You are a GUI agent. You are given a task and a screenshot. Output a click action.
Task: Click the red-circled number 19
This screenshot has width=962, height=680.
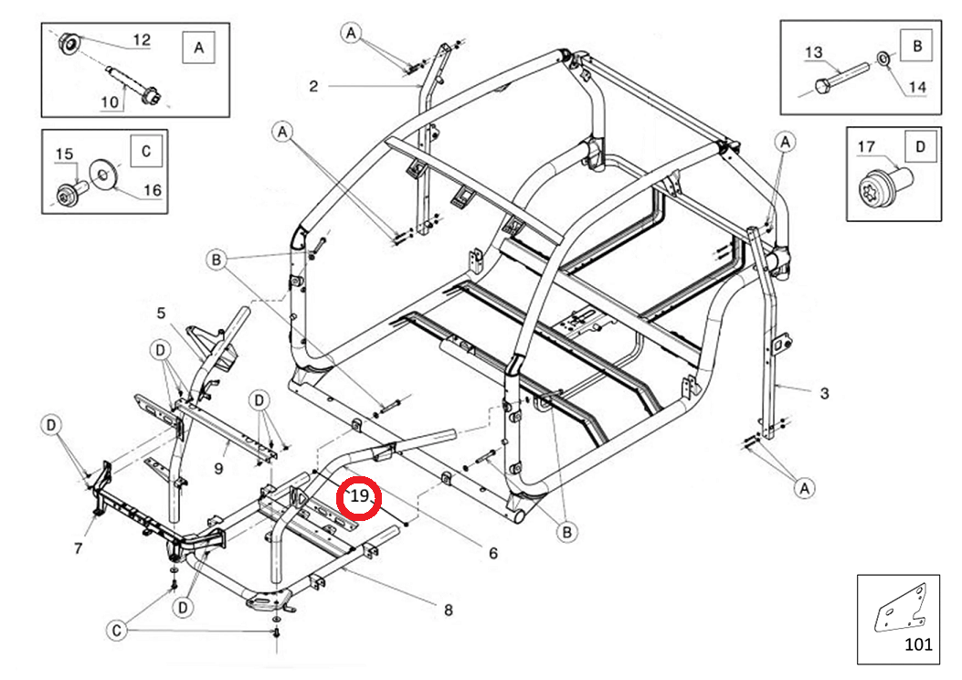pos(359,497)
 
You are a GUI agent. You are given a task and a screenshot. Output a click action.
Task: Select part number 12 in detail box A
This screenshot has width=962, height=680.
pos(142,40)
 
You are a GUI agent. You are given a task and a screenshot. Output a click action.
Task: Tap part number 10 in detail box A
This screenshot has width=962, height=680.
pos(110,102)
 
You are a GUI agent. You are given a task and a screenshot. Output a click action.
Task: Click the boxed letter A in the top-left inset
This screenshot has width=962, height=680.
pos(199,48)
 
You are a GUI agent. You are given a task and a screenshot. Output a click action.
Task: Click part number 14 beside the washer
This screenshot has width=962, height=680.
pos(916,88)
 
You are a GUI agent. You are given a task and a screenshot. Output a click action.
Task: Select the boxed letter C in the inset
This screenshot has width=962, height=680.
pos(146,152)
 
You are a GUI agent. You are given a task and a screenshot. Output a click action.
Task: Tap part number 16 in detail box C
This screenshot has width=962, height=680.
pos(151,190)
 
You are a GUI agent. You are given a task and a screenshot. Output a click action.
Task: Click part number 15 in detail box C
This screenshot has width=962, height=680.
pos(65,154)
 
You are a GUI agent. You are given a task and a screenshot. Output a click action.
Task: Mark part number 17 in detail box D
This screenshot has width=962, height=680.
pos(866,146)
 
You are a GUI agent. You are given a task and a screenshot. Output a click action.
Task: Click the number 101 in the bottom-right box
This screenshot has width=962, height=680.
pos(919,643)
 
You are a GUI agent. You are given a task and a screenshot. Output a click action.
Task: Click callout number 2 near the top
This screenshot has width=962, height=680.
pos(313,87)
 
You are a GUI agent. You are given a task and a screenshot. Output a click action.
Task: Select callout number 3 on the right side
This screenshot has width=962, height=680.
pos(824,393)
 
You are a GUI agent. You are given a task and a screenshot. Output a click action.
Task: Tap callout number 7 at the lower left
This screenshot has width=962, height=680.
pos(79,548)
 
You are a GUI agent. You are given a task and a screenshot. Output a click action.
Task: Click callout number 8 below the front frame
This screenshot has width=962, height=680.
pos(448,610)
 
